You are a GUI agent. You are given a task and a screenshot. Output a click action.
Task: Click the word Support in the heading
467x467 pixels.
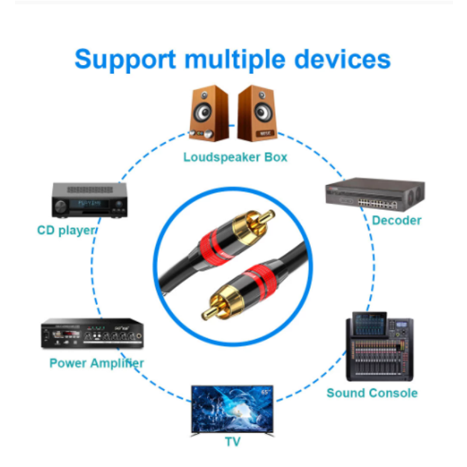pyautogui.click(x=125, y=60)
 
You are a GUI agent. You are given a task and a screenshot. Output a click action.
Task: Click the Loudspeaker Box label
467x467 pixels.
pyautogui.click(x=235, y=157)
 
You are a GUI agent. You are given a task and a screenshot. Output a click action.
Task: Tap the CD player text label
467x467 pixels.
pyautogui.click(x=65, y=230)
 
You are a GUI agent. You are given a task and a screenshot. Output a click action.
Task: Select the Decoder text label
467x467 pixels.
pyautogui.click(x=396, y=220)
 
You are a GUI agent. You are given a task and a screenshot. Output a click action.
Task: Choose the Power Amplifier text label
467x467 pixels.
pyautogui.click(x=96, y=363)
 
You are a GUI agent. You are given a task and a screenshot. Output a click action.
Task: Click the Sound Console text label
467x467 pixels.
pyautogui.click(x=372, y=393)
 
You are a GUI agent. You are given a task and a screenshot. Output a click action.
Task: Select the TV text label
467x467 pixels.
pyautogui.click(x=233, y=442)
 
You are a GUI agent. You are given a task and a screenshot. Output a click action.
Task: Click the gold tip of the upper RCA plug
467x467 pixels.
pyautogui.click(x=266, y=217)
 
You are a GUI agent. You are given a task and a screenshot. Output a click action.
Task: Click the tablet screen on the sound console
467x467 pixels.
pyautogui.click(x=370, y=320)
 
